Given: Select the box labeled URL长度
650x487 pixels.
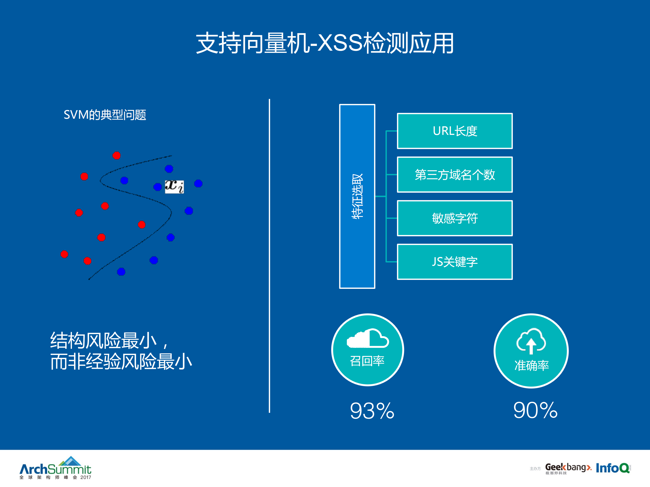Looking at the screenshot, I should (455, 131).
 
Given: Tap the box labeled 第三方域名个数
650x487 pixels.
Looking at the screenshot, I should (455, 175).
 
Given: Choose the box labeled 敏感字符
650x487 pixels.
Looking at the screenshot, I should (455, 218).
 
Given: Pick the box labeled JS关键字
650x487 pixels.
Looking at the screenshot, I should (455, 261).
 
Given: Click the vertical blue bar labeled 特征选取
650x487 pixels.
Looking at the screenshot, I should (357, 196).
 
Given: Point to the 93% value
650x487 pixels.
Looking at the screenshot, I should (372, 411).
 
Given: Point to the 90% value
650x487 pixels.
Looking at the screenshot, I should (535, 410).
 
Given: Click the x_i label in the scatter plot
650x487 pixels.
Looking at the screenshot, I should (174, 187).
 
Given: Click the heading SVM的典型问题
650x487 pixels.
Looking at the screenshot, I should (105, 115).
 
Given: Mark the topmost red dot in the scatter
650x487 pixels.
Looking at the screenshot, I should (116, 155).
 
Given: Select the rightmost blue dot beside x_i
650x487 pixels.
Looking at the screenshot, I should (198, 183).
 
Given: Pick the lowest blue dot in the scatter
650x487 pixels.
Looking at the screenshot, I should (121, 272).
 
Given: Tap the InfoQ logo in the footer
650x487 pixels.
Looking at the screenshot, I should (613, 468).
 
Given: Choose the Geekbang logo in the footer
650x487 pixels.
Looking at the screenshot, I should (568, 468).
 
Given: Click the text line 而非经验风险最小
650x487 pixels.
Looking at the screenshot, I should (121, 362).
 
